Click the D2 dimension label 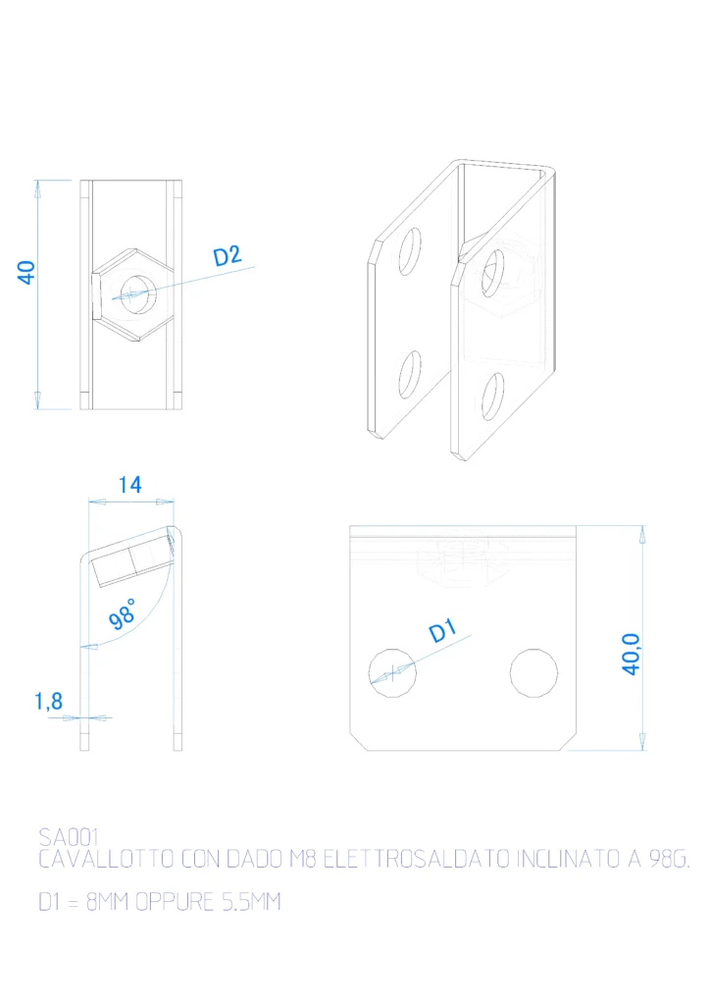point(228,256)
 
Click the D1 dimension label point(441,631)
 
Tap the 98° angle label point(122,614)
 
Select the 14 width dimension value point(130,485)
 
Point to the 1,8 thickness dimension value point(49,701)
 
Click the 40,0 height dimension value point(631,654)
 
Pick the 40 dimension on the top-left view point(26,273)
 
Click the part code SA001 point(69,837)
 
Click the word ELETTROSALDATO point(416,859)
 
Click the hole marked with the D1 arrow point(392,673)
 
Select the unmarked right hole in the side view point(533,673)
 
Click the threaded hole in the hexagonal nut point(139,294)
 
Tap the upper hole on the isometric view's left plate point(410,251)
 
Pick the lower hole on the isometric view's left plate point(410,374)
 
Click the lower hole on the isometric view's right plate point(492,397)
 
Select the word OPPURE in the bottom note point(175,902)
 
